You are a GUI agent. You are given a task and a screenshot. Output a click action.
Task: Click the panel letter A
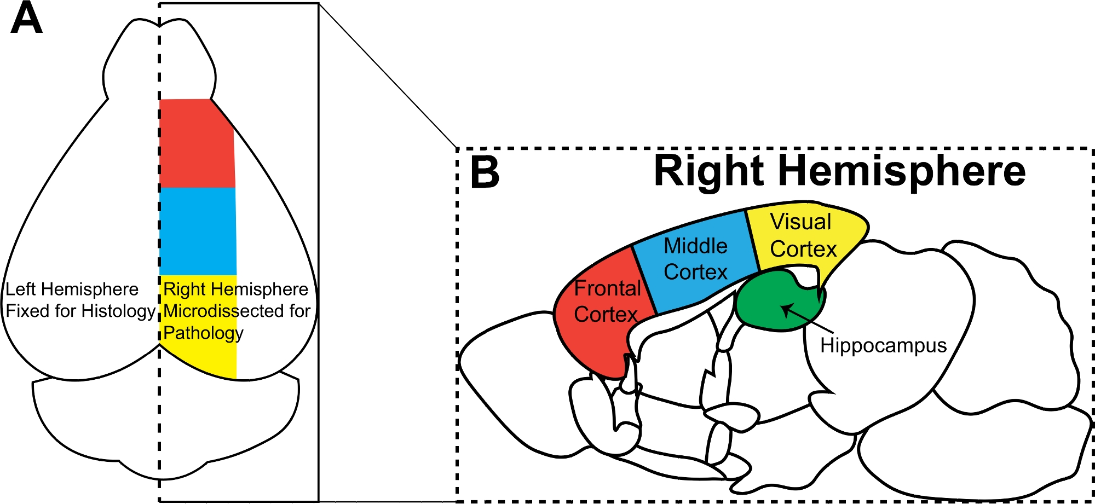[26, 19]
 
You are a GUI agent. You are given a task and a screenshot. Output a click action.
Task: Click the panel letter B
[485, 172]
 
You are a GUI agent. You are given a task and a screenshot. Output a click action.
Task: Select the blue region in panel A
[198, 231]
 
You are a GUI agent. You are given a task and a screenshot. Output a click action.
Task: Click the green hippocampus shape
[766, 306]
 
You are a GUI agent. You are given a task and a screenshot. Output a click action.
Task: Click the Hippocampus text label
[883, 345]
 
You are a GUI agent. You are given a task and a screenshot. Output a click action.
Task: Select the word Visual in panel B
[800, 222]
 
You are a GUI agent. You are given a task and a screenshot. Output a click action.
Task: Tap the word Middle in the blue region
[695, 246]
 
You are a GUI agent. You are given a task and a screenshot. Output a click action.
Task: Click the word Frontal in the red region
[607, 288]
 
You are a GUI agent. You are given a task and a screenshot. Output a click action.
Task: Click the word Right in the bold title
[708, 171]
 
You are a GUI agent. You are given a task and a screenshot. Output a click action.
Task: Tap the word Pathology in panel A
[203, 333]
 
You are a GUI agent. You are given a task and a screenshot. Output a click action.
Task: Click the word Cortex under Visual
[803, 249]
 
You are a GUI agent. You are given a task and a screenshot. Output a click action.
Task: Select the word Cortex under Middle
[695, 272]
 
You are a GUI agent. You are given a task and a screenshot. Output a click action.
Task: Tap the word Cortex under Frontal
[606, 314]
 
